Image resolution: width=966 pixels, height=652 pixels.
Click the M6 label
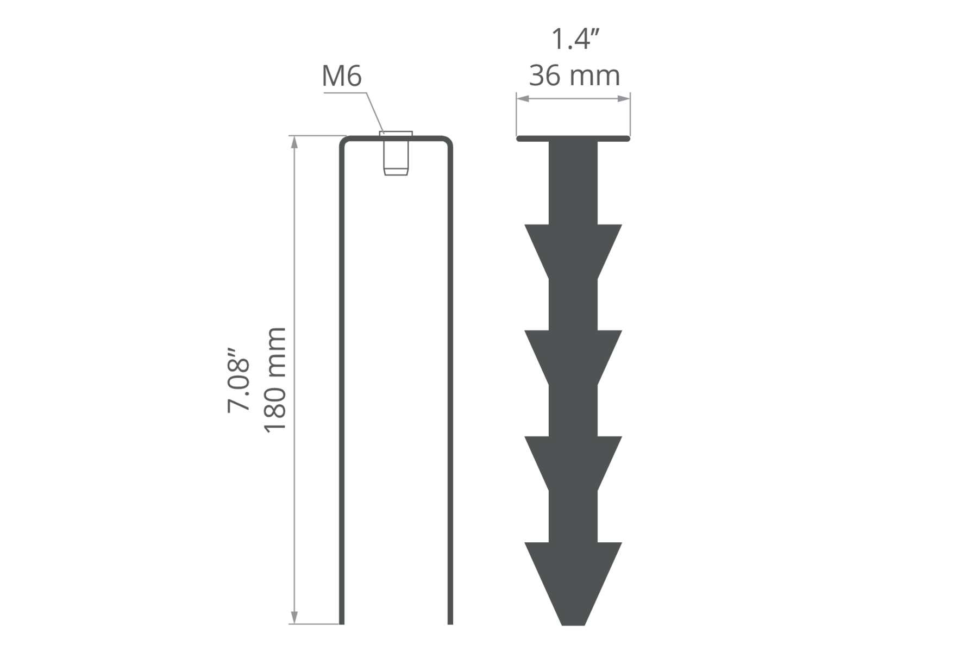coord(342,76)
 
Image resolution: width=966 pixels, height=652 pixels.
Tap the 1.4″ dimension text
coord(575,40)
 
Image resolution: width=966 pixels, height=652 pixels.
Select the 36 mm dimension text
coord(575,76)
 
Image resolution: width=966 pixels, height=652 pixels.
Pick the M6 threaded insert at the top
coord(396,154)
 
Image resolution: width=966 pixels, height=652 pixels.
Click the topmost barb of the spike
coord(573,252)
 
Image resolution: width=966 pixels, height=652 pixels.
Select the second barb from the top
coord(573,358)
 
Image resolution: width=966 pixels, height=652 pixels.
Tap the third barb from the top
coord(573,463)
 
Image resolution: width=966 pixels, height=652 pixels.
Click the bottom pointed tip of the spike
coord(573,625)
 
